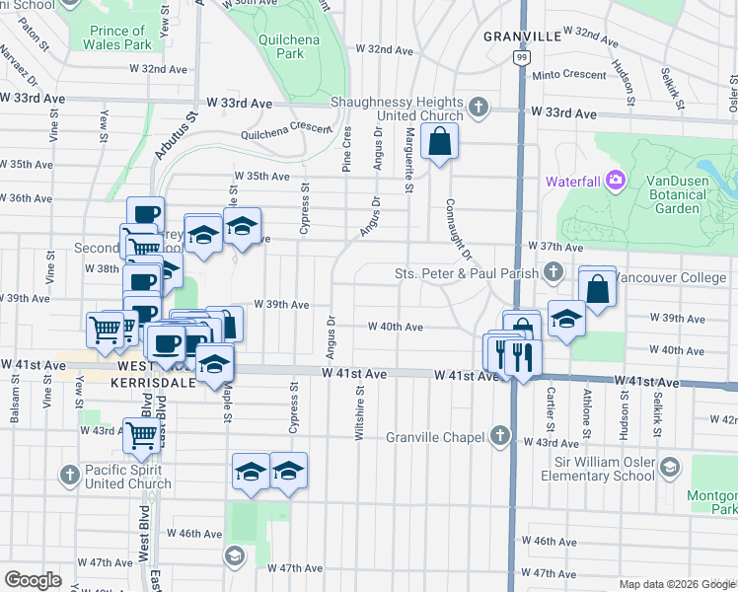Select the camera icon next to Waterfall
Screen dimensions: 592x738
coord(616,180)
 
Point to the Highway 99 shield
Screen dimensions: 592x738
coord(519,60)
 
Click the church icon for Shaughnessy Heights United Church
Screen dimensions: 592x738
coord(479,107)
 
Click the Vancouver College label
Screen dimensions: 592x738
coord(670,277)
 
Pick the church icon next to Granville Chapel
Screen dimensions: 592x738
coord(501,436)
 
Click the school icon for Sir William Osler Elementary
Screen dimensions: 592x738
coord(670,467)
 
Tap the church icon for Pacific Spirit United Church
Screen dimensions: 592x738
coord(69,476)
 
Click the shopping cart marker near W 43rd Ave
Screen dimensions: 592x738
coord(142,435)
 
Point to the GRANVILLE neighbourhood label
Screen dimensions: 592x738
coord(522,37)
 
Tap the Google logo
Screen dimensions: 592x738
coord(33,580)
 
